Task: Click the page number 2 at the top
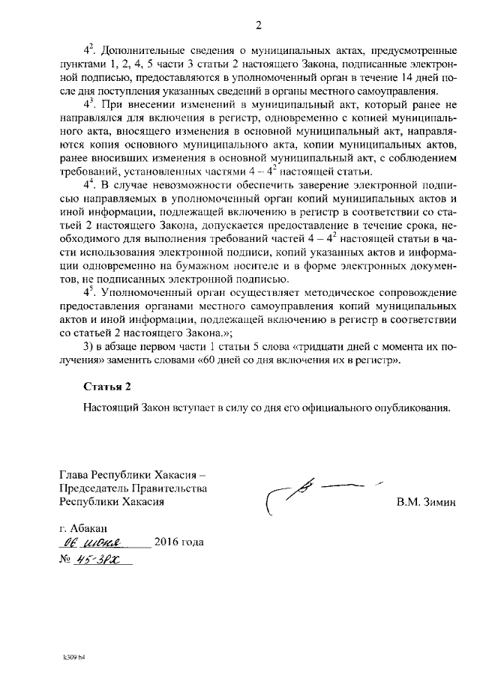(258, 27)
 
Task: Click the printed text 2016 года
(178, 542)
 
